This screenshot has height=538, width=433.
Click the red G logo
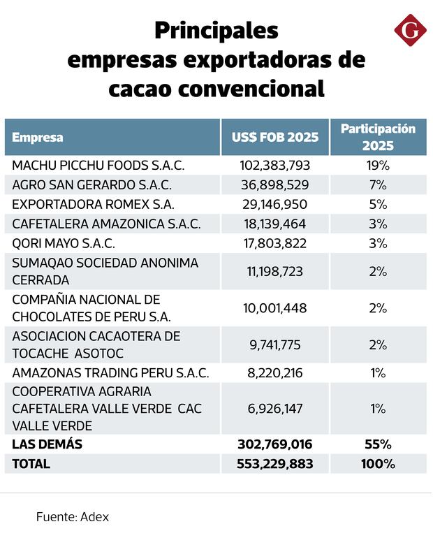point(411,31)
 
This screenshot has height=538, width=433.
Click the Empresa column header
point(38,137)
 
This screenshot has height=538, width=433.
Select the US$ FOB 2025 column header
point(275,137)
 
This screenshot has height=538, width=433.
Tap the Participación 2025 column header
point(378,137)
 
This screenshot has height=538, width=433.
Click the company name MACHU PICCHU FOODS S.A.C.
point(98,166)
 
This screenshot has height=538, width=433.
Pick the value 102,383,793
point(274,166)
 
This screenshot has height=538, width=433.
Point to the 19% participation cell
point(378,166)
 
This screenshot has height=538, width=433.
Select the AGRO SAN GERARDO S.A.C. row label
point(92,185)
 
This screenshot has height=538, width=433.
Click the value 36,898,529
point(274,185)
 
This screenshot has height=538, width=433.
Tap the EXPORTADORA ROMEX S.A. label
point(93,205)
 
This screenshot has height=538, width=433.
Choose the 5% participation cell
point(378,205)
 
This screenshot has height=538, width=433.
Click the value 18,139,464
point(274,224)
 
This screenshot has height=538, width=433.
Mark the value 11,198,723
point(274,271)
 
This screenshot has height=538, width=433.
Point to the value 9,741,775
point(274,344)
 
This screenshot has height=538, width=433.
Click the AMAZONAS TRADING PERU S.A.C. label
point(110,372)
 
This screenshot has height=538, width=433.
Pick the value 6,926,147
point(274,409)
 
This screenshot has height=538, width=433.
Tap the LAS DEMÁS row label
point(47,444)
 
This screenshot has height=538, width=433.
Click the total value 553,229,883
point(274,463)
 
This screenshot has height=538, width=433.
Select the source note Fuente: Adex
point(73,517)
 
